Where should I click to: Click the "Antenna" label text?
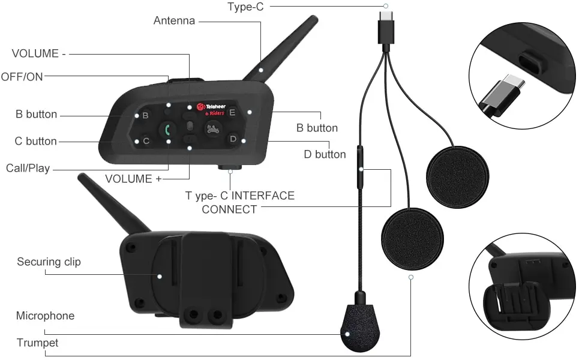pos(174,21)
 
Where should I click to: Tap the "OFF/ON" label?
pos(22,76)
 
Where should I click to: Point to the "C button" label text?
pos(36,142)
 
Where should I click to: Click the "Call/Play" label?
pos(28,168)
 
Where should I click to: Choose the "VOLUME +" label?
pos(133,179)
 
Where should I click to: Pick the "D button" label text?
pos(325,155)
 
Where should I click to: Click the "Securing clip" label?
pos(49,262)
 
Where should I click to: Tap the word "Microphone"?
pos(45,316)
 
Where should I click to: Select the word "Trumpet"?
pos(37,343)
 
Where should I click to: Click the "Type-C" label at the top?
pos(245,7)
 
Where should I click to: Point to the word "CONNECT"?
pos(229,209)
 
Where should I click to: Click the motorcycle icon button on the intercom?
pos(212,128)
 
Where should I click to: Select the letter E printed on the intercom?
pos(232,112)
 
